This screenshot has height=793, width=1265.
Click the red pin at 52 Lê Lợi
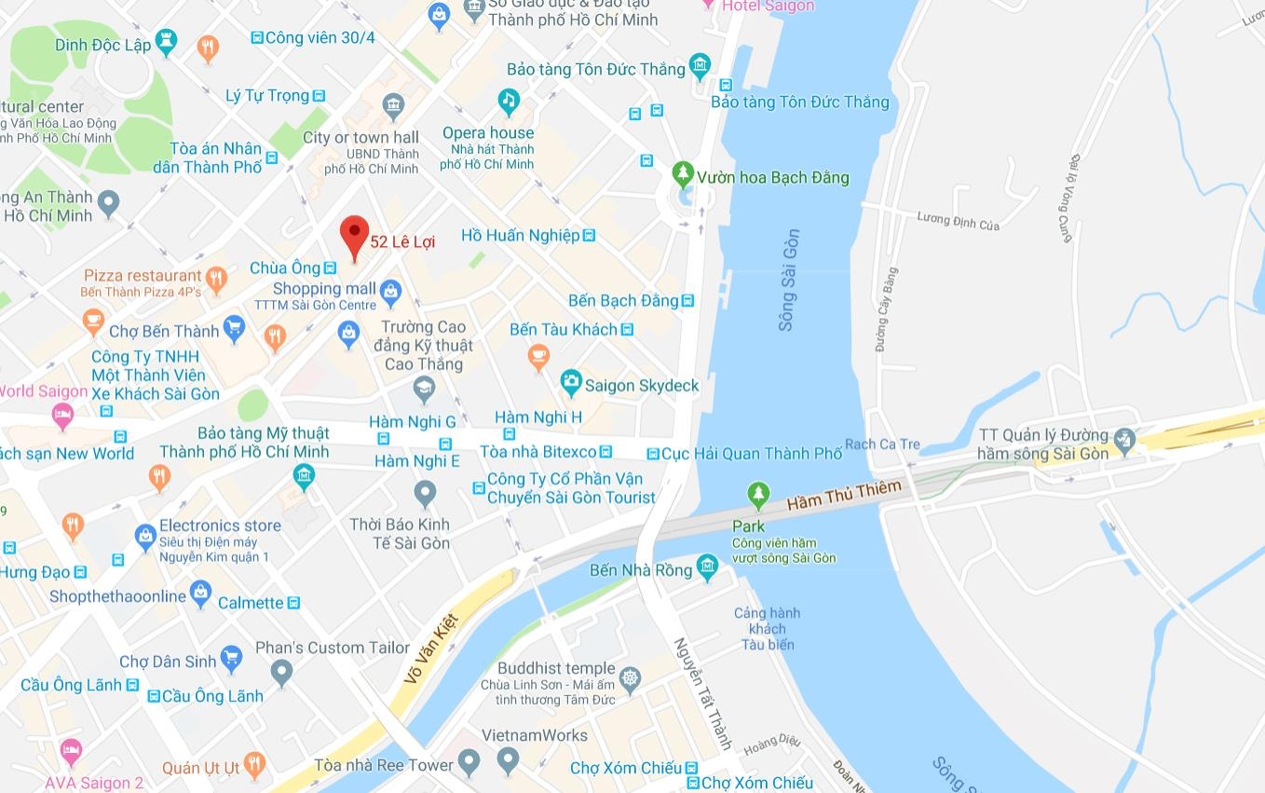354,234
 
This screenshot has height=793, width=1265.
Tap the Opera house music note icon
508,100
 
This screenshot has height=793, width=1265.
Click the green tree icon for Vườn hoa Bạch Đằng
684,173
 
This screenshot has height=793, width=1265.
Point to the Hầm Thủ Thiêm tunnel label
844,495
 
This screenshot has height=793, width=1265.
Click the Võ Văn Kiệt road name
432,649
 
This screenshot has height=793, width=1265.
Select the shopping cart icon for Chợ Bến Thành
234,327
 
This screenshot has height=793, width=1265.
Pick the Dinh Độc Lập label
102,45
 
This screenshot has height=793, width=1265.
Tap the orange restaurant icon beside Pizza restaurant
216,277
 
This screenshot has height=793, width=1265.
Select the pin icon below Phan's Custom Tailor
281,670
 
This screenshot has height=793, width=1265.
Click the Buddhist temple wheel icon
631,677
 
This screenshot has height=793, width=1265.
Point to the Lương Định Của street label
958,222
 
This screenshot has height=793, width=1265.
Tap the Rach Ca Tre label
882,444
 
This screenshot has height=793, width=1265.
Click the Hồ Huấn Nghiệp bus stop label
521,236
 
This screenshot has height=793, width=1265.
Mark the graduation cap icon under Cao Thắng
425,389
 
